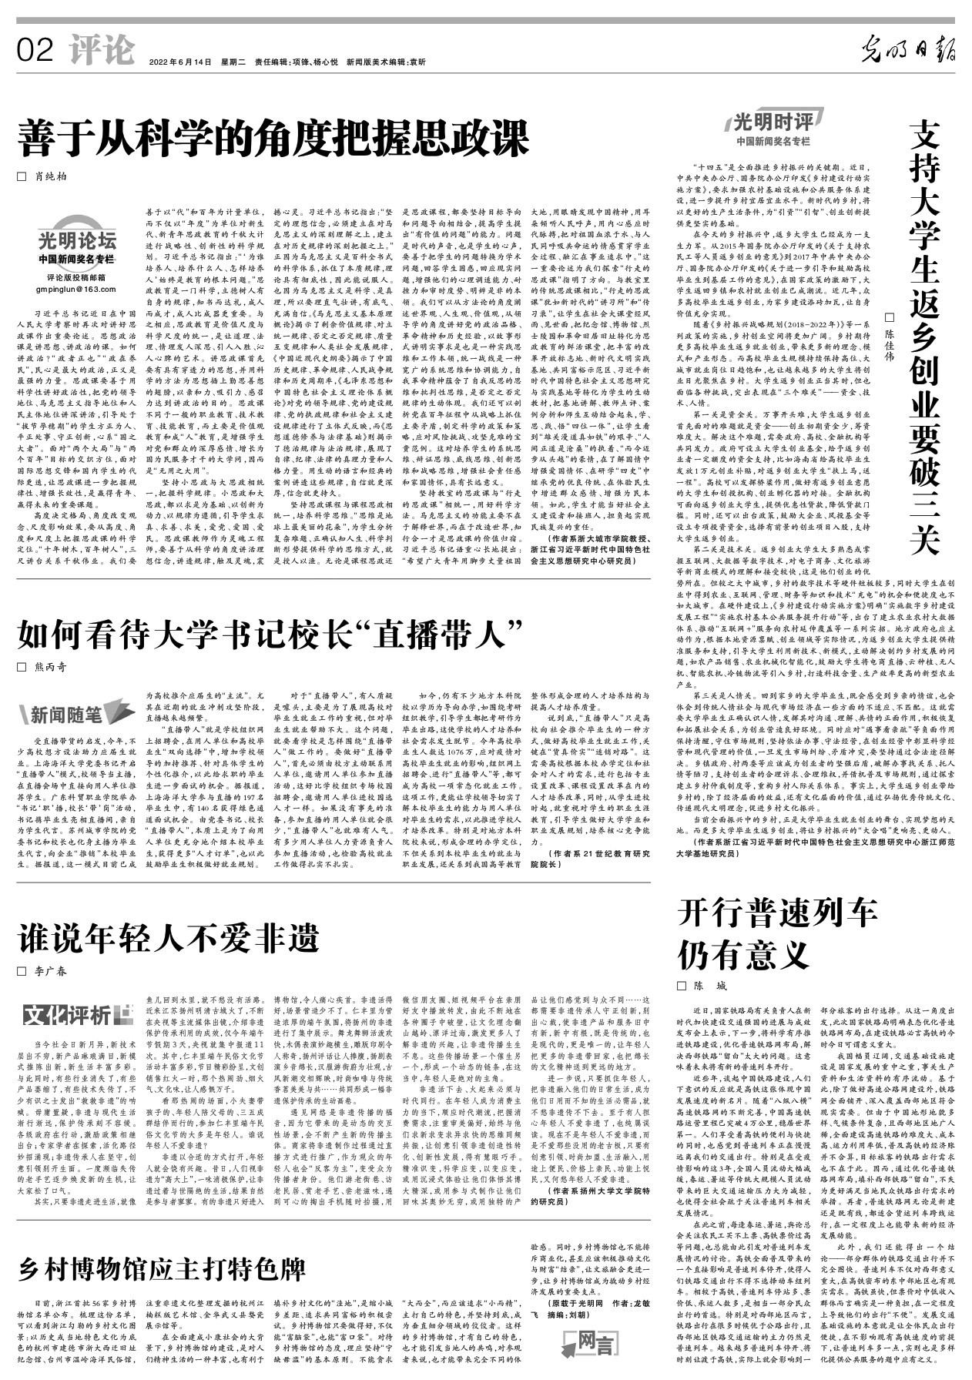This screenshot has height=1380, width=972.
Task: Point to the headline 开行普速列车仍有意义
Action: click(778, 933)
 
